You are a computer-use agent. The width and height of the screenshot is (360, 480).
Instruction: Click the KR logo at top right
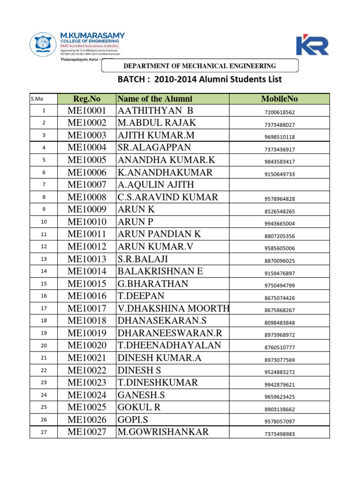coord(312,45)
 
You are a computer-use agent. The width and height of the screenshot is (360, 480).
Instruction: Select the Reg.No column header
coord(87,98)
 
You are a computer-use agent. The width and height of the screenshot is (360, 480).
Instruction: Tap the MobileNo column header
coord(279,98)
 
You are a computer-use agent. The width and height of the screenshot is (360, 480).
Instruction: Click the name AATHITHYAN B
coord(155,111)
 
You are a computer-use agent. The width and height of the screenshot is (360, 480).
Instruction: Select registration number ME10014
coord(87,271)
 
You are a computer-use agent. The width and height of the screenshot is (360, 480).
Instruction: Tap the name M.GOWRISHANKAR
coord(163,432)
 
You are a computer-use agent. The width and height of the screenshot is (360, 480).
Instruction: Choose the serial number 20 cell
coord(44,346)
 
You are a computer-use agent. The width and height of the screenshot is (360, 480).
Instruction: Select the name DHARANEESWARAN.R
coord(169,333)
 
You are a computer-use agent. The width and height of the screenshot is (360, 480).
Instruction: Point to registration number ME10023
coord(87,382)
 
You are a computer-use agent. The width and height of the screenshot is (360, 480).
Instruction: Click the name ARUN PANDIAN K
coord(159,234)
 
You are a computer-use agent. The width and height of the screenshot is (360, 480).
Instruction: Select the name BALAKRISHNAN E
coord(160,271)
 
